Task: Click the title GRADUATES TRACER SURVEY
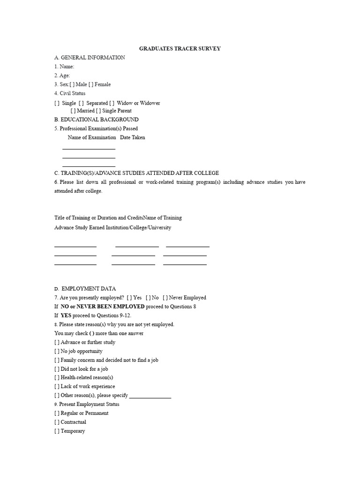click(180, 48)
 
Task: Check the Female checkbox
click(91, 84)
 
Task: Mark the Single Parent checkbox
click(98, 111)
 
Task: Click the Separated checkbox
click(81, 103)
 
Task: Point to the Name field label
click(64, 67)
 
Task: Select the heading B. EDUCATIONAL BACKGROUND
click(97, 120)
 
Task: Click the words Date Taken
click(133, 137)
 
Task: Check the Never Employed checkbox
click(165, 298)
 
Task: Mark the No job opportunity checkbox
click(57, 351)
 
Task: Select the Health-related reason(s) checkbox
click(57, 377)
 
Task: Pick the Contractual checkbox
click(57, 422)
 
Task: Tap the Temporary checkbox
click(57, 431)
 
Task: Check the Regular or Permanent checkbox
click(57, 413)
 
